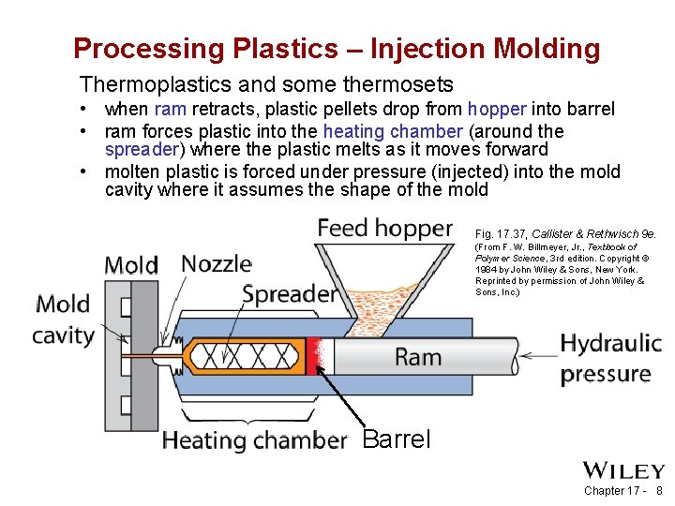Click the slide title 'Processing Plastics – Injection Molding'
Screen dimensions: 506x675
337,48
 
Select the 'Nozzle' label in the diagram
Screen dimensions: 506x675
216,264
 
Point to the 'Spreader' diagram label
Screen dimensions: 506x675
289,294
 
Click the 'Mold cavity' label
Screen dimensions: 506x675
64,320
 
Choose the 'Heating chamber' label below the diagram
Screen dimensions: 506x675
254,439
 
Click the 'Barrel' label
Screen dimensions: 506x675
396,439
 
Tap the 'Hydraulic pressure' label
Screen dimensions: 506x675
610,359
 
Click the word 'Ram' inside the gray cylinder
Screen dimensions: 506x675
418,356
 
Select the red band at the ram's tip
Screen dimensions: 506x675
313,356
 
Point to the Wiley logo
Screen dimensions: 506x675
623,470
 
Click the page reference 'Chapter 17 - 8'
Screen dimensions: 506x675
622,491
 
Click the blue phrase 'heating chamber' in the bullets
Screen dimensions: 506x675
392,131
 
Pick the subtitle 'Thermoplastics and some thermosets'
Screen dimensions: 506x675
266,85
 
